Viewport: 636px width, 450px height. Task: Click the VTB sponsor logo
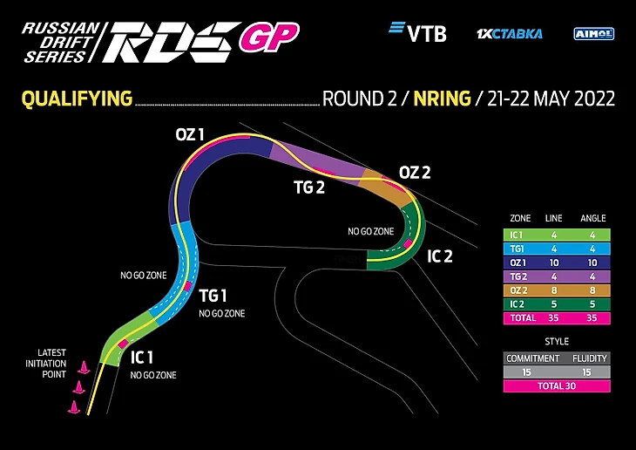[418, 31]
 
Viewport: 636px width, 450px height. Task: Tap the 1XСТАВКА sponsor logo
[510, 34]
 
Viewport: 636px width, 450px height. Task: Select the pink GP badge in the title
[269, 37]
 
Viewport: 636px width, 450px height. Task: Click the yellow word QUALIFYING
[77, 99]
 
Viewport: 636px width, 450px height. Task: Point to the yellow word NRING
[442, 99]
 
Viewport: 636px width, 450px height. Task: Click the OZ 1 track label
[189, 135]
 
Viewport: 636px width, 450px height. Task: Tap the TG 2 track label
[309, 187]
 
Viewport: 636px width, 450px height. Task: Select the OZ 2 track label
[415, 173]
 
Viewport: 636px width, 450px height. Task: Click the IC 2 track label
[440, 256]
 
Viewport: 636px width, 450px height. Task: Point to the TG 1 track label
[213, 296]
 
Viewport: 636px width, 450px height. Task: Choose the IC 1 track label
[141, 358]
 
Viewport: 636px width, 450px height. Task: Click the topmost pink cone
[84, 367]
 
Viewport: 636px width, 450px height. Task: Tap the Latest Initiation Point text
[46, 364]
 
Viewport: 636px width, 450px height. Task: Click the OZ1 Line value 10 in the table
[553, 262]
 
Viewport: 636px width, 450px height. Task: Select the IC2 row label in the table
[517, 304]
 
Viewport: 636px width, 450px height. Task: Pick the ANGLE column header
[592, 219]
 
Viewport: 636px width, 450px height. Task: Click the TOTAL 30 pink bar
[557, 385]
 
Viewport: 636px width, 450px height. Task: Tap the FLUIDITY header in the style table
[589, 358]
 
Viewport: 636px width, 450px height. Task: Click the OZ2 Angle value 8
[592, 290]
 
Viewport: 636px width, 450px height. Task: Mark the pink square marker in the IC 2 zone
[408, 243]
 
